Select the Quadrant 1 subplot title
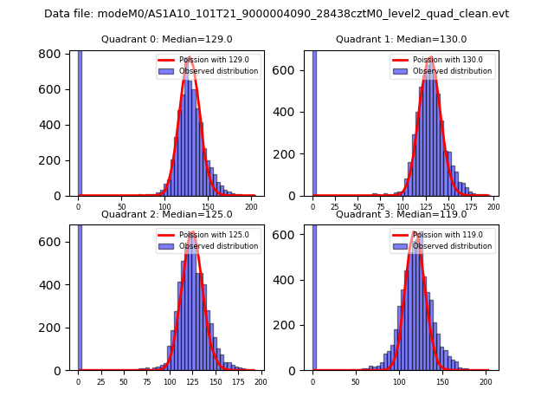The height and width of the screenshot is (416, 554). point(401,39)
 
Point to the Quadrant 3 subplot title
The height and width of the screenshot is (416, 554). point(401,214)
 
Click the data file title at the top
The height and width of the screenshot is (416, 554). point(276,14)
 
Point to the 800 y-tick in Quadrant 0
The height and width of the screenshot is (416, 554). point(54,54)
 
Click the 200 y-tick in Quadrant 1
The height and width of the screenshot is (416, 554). point(287,155)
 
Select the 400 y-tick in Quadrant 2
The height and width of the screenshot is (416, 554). point(54,284)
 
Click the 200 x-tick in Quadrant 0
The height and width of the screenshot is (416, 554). point(251,206)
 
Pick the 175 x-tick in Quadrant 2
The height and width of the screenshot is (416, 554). point(238,381)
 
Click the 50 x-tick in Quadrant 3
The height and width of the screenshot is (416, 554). point(356,381)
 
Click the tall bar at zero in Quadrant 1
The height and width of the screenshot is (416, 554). point(313,121)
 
